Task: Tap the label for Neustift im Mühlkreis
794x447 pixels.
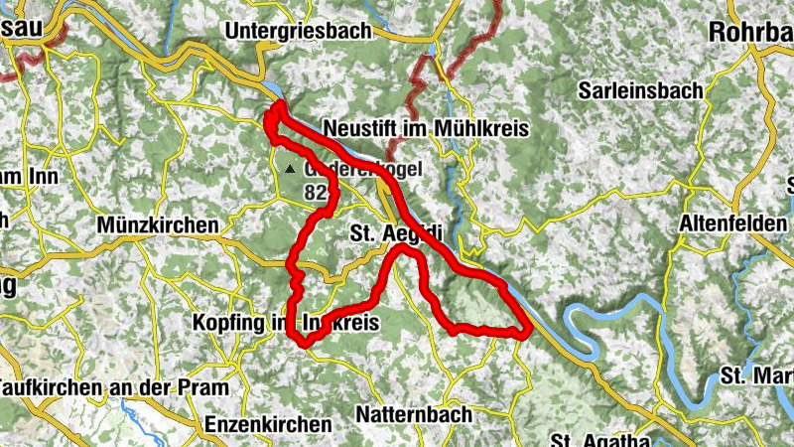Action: click(427, 130)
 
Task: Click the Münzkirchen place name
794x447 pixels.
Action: click(158, 226)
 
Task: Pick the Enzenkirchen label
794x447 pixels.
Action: click(268, 423)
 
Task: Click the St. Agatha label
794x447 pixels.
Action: click(599, 439)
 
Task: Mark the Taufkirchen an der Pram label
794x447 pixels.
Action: click(113, 387)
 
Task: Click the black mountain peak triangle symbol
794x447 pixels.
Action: click(289, 170)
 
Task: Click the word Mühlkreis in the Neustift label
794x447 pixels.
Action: click(481, 130)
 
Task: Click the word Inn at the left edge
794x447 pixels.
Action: click(44, 177)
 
